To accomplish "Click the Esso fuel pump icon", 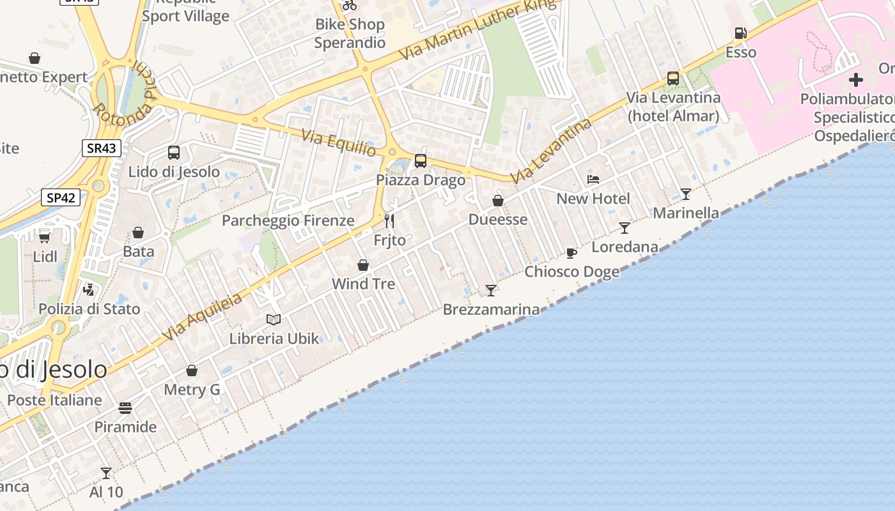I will coord(740,33).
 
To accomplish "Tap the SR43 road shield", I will coord(102,148).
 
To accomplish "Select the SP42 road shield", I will coord(61,197).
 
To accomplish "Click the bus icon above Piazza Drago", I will coord(420,161).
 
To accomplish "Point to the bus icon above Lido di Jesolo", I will coord(173,153).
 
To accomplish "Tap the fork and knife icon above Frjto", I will coord(389,221).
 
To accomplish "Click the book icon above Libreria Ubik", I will coord(273,319).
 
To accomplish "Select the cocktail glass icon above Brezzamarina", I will coord(490,291).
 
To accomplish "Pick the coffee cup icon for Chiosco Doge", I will coord(572,253).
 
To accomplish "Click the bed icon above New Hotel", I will coord(593,179).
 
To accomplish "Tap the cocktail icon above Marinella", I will coord(685,194).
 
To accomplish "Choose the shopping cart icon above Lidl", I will coord(44,238).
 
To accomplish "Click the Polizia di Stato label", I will coord(89,309).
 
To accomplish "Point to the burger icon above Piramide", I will coord(125,408).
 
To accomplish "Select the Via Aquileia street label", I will coord(202,317).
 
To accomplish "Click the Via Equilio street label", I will coord(339,142).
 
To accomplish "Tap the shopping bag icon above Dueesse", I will coord(498,201).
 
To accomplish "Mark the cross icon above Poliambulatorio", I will coord(855,80).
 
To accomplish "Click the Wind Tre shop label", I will coord(363,284).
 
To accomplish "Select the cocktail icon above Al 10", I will coord(106,473).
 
